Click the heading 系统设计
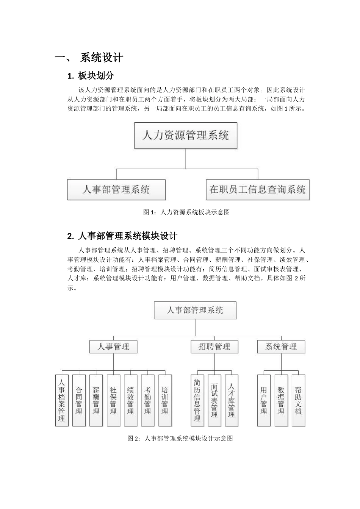[102, 58]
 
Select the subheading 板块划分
[96, 76]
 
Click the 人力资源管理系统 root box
[186, 135]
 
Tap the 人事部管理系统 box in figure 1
[116, 189]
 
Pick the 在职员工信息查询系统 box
[257, 189]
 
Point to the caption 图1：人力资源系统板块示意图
[186, 212]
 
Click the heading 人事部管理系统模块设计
[127, 236]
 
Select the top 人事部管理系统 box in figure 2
[195, 310]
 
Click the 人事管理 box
[113, 347]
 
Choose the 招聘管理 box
[214, 347]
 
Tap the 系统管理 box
[281, 347]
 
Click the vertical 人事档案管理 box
[62, 400]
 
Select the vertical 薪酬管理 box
[96, 400]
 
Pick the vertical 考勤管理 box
[148, 400]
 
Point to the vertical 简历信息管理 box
[197, 400]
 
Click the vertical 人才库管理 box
[232, 400]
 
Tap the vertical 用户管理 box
[264, 400]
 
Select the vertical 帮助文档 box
[298, 400]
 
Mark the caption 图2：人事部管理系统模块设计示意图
[180, 439]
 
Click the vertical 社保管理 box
[113, 400]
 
